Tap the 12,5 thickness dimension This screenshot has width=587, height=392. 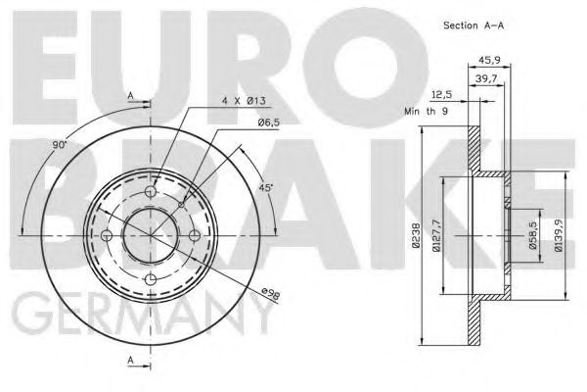(440, 95)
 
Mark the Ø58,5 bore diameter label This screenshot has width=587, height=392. (534, 236)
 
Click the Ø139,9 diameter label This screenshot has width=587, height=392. (557, 236)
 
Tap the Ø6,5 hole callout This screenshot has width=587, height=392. (271, 122)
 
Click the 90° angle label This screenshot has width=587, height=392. (60, 145)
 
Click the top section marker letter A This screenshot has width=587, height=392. (131, 94)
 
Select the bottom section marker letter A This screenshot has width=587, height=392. (131, 361)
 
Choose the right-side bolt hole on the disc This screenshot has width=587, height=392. (194, 236)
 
